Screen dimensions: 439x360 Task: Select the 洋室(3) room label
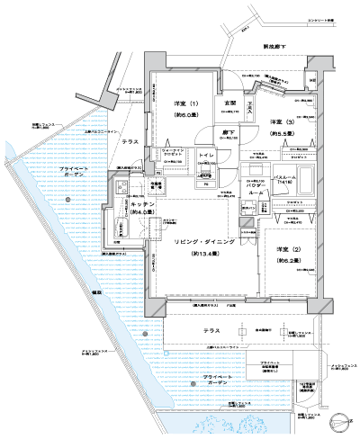274,121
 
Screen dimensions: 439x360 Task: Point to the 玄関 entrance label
229,103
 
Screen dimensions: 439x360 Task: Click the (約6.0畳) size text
186,117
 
